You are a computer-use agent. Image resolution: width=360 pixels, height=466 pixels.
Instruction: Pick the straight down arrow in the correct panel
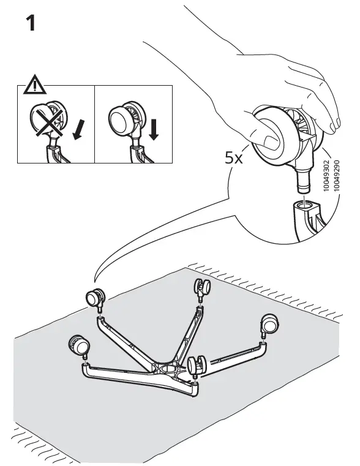coord(153,129)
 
